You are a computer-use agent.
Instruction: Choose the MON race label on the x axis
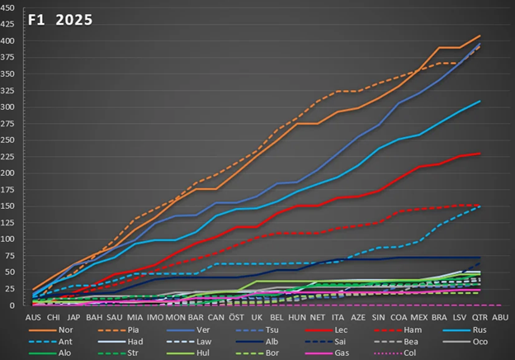point(176,316)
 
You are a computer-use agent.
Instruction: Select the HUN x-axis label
point(297,316)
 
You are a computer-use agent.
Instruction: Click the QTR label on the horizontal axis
point(480,316)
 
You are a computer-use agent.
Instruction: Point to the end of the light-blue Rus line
point(480,101)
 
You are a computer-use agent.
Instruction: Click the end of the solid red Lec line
point(480,154)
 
